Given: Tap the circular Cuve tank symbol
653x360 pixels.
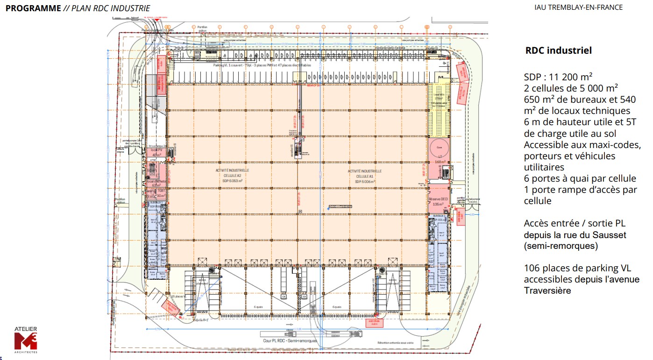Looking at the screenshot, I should [439, 147].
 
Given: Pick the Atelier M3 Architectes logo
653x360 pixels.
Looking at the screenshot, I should [26, 338].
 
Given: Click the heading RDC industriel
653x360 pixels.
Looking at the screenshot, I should [559, 50].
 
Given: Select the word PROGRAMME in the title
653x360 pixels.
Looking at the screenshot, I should [33, 8].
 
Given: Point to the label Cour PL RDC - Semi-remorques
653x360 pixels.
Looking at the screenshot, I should [290, 341].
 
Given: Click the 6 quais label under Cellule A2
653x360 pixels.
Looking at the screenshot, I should [257, 307].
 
